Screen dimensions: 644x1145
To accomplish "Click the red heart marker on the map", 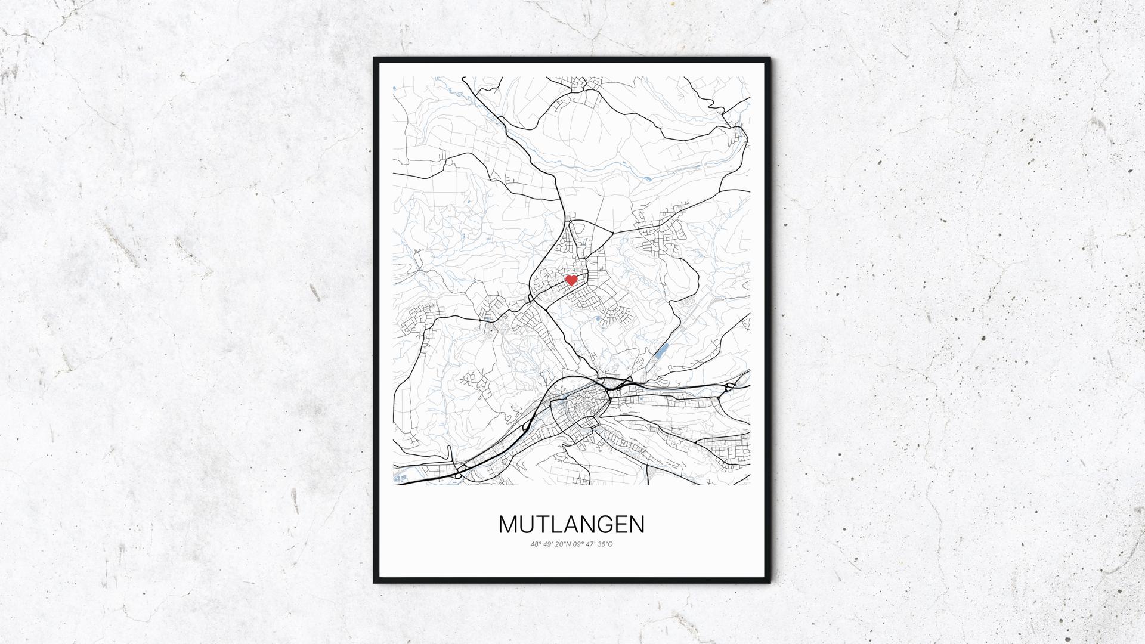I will coord(571,280).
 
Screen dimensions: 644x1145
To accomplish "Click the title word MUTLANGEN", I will coord(571,525).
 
